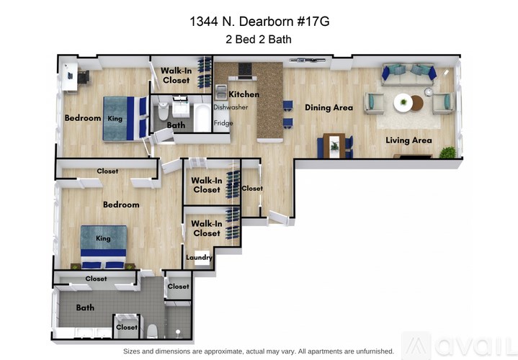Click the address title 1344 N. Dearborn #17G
point(260,22)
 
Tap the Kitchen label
point(244,94)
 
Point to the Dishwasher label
point(231,107)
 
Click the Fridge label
point(223,122)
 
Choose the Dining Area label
point(329,107)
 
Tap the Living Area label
point(408,140)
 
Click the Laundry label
point(198,257)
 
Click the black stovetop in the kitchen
point(244,70)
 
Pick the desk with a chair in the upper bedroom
point(72,76)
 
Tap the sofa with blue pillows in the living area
point(408,73)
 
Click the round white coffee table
point(403,102)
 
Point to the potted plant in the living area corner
point(447,153)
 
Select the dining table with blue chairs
point(335,145)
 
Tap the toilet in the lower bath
point(152,330)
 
